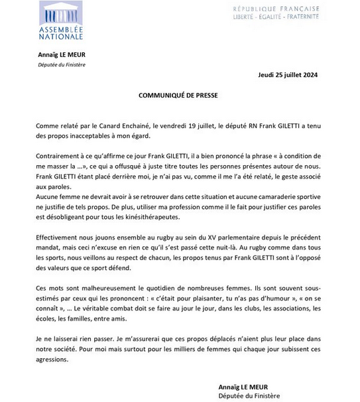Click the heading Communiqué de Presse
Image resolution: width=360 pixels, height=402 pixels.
pyautogui.click(x=178, y=94)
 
